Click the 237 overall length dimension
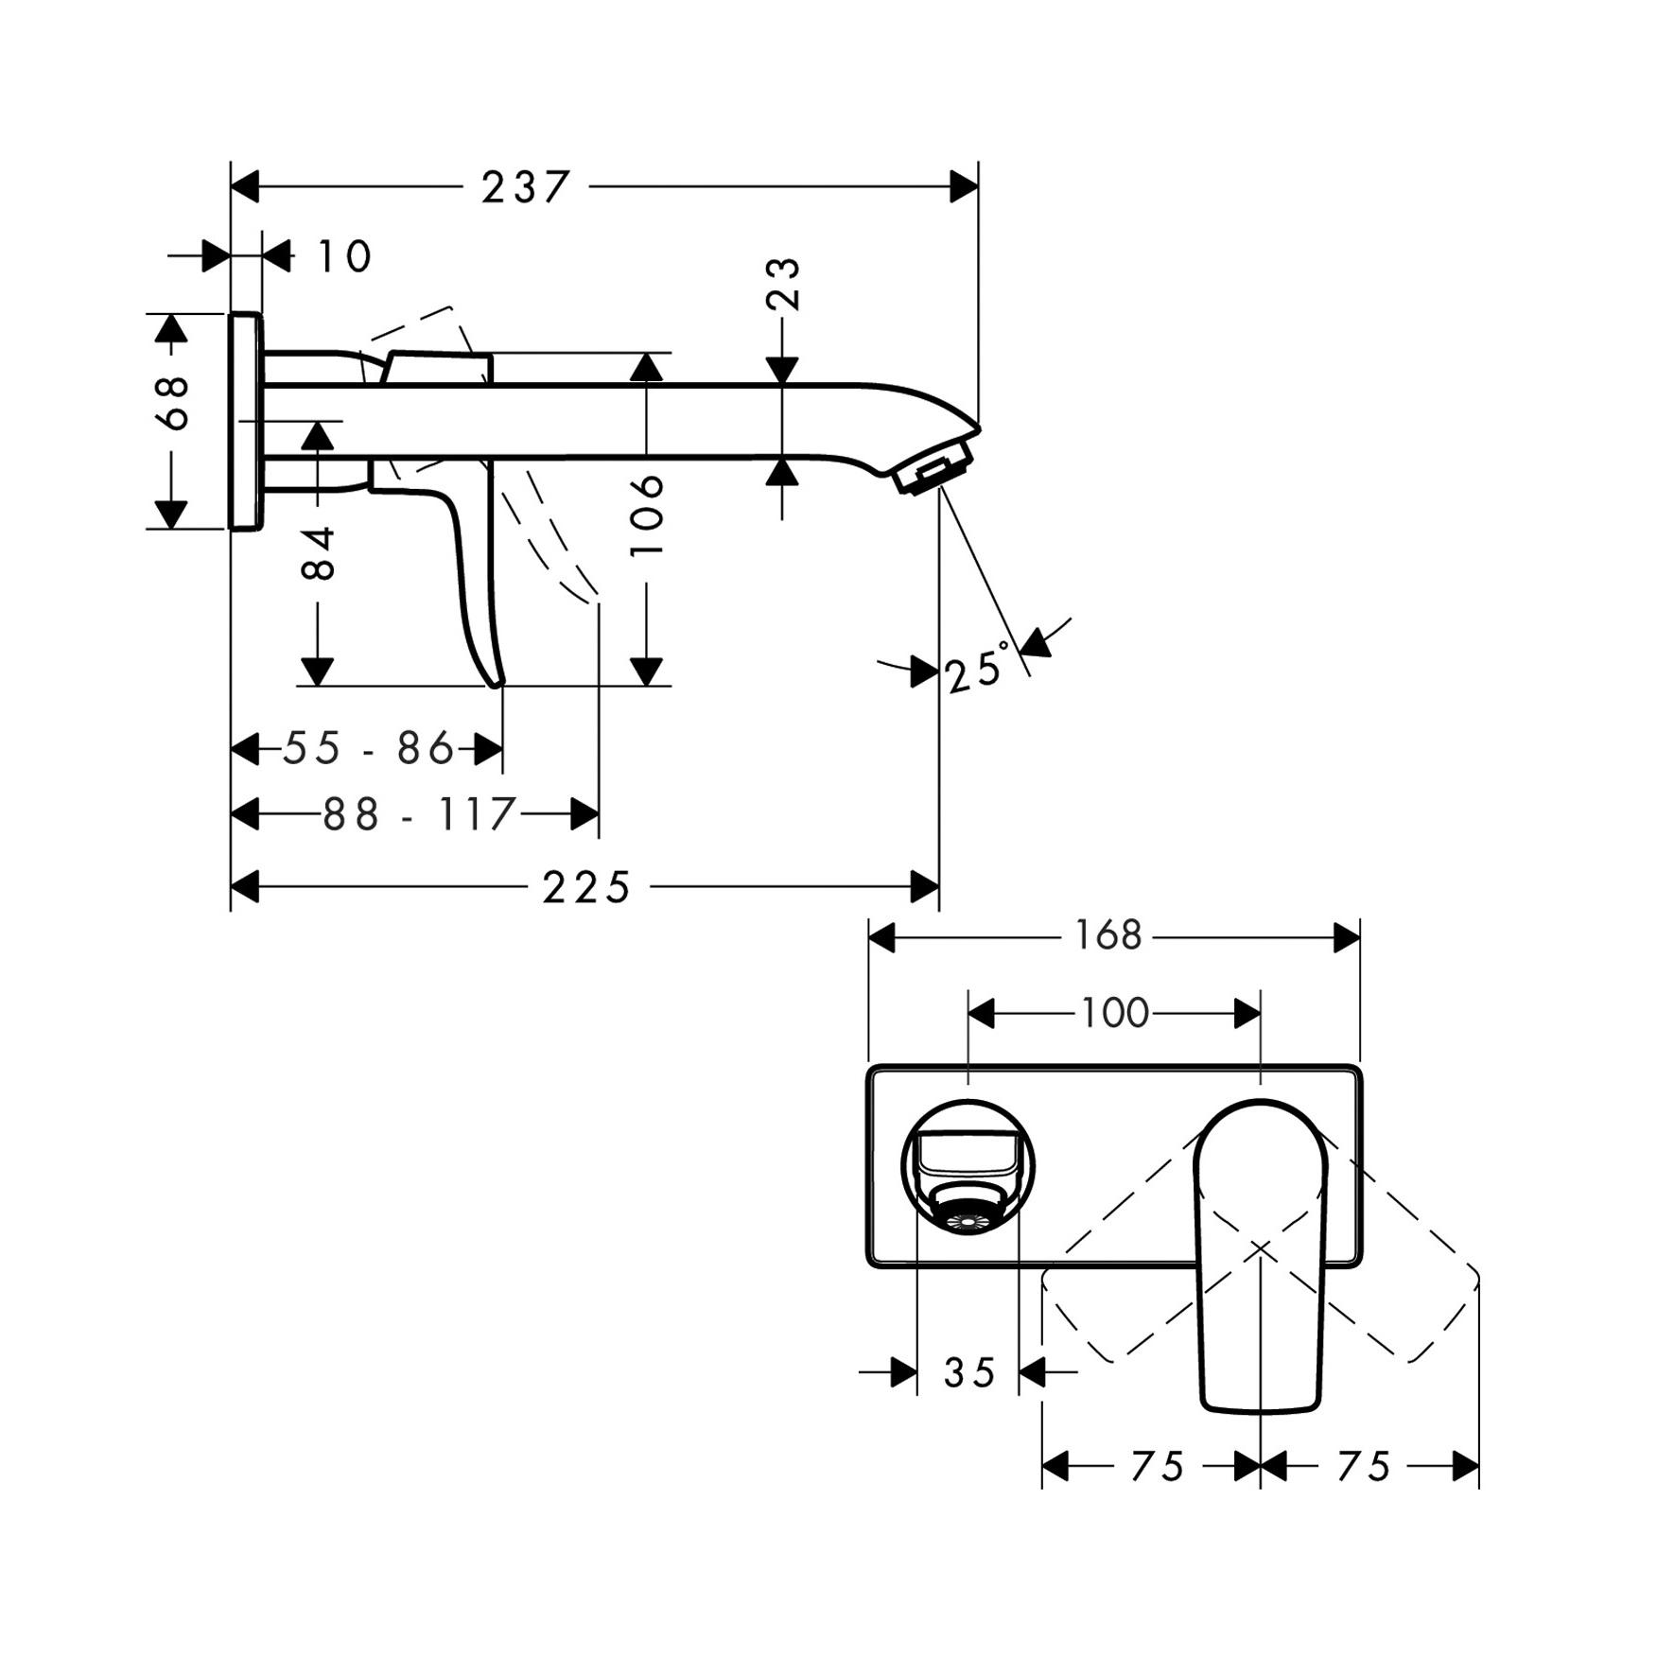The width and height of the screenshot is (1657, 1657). point(526,187)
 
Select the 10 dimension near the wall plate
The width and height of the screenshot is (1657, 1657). point(343,256)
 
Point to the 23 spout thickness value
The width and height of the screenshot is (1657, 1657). point(783,283)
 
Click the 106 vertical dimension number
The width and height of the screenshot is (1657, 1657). point(647,515)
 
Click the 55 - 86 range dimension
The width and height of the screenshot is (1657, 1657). point(369,749)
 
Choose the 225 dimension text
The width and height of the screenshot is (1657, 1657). point(585,888)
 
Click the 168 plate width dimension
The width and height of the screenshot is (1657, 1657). point(1108,936)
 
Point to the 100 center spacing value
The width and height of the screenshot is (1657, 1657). point(1114,1014)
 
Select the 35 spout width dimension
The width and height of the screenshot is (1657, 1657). point(969,1372)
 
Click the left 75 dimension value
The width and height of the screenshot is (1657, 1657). point(1158,1467)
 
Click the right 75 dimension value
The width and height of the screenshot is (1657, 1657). point(1363,1467)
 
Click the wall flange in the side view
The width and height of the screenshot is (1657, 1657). point(246,421)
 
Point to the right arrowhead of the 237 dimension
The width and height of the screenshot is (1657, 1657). point(965,187)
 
